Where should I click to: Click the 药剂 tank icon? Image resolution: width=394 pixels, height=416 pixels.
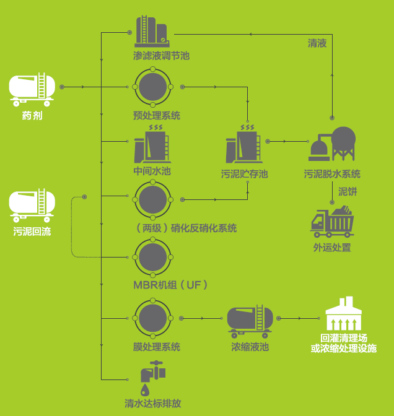(32, 88)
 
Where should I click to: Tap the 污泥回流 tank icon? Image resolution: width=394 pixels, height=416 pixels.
(32, 206)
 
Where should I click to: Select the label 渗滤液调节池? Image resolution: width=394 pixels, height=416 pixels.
(161, 56)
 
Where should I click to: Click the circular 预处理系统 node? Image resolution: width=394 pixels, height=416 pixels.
(153, 87)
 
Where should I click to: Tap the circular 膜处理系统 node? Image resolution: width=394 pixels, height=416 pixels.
(153, 318)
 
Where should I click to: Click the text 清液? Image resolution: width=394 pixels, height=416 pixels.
(317, 43)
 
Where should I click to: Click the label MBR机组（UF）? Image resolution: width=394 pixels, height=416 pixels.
(170, 285)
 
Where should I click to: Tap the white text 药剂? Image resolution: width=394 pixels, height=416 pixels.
(32, 115)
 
